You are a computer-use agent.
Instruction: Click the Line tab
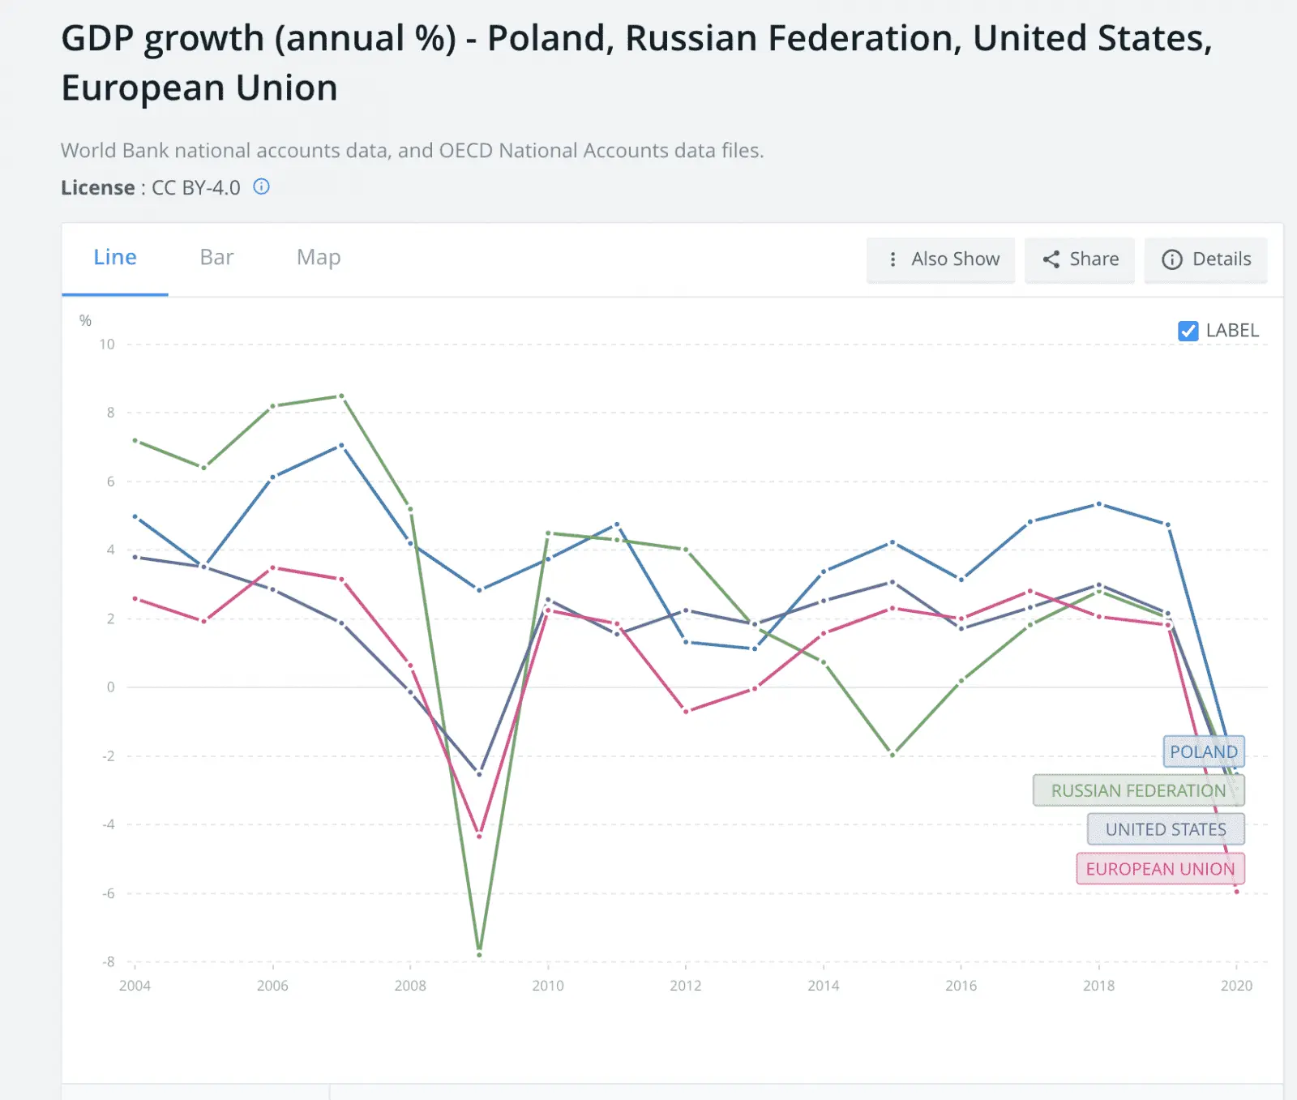pos(115,258)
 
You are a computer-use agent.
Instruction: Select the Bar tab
pos(216,258)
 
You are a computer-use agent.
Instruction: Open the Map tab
pos(319,258)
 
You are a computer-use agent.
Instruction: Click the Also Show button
pos(940,259)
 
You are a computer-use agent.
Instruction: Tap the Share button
pos(1080,259)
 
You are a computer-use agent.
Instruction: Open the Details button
pos(1205,259)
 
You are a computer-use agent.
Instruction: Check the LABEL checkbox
pos(1188,331)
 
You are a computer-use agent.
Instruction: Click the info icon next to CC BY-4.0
pos(261,187)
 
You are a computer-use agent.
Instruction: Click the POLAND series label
pos(1203,751)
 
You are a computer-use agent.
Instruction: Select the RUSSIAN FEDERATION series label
pos(1138,790)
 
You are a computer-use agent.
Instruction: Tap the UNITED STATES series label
pos(1166,829)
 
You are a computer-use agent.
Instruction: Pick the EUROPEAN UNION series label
pos(1160,869)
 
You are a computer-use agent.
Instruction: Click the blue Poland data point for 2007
pos(341,445)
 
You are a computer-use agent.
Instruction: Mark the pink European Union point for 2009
pos(479,836)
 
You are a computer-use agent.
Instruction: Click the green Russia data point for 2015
pos(892,755)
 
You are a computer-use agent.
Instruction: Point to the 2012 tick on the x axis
pos(685,986)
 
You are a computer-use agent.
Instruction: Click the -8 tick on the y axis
pos(109,962)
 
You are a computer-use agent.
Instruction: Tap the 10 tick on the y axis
pos(107,345)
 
